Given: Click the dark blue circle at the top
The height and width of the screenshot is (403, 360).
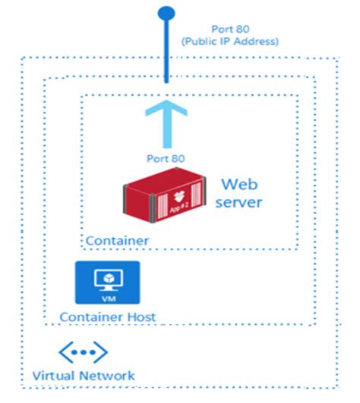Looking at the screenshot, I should click(x=164, y=12).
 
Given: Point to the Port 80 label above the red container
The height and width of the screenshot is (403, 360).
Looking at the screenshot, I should click(x=164, y=158).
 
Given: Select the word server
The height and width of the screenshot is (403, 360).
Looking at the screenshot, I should click(x=238, y=202).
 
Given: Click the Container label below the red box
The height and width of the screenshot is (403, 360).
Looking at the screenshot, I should click(x=116, y=241).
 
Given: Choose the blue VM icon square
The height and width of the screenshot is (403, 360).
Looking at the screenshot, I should click(x=106, y=282).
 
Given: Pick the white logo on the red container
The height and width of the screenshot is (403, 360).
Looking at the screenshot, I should click(x=180, y=192).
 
